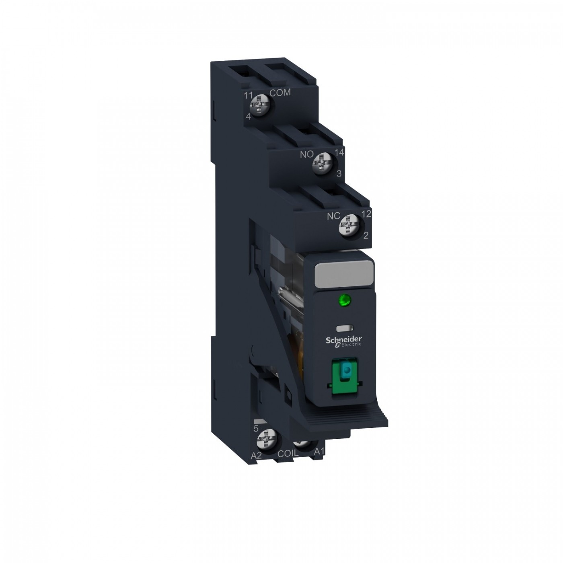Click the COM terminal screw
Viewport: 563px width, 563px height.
tap(260, 106)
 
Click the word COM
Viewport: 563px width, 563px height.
tap(280, 92)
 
